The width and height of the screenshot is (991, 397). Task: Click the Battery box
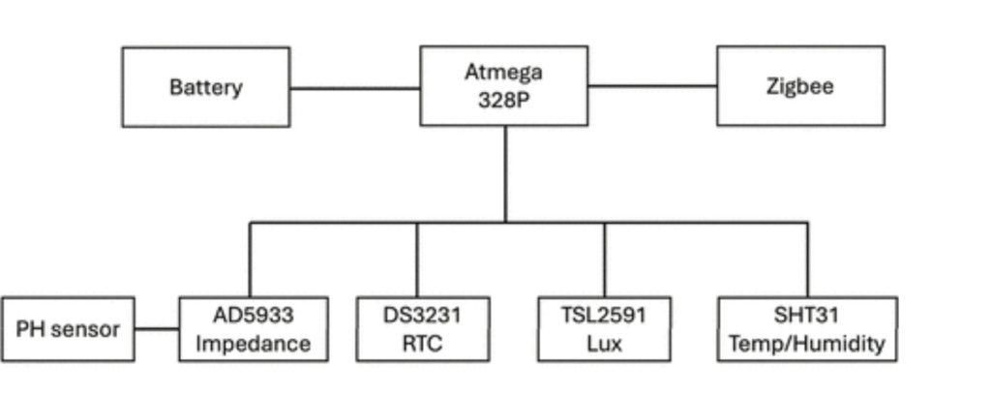206,86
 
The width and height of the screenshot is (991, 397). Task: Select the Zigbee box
799,86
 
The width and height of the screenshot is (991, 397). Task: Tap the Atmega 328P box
503,86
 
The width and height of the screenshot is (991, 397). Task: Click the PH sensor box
68,329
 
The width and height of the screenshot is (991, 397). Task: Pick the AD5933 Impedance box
254,329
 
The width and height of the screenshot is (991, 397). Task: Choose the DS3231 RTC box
422,329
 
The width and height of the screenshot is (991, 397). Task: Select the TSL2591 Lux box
604,329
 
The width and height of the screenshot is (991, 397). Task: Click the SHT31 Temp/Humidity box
807,329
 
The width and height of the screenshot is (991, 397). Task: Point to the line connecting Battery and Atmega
354,88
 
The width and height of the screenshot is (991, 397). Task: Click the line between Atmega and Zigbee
651,86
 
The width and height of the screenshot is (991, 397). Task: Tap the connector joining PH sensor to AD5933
157,329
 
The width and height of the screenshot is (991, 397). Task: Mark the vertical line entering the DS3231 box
417,260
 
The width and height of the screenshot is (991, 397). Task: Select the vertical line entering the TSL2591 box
605,260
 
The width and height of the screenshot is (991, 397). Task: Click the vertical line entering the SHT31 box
807,260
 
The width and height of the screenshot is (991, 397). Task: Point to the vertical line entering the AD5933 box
251,260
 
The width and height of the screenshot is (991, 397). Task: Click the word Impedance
254,344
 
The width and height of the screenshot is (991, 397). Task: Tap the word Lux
604,344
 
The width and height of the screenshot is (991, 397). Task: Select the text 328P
503,100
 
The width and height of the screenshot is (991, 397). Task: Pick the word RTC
422,344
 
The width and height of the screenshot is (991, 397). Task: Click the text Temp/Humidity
807,344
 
